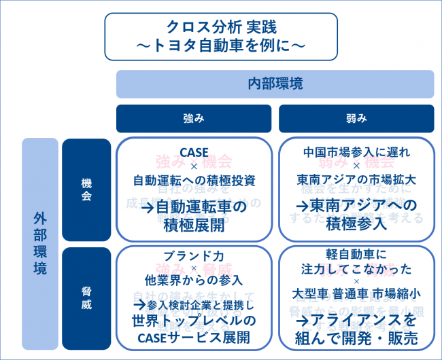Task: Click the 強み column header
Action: (x=194, y=118)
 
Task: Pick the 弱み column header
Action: (x=356, y=118)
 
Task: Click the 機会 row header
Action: (x=86, y=191)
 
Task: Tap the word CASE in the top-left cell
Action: (x=194, y=153)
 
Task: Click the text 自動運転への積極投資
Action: (x=194, y=181)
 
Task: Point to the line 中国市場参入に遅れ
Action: (x=356, y=153)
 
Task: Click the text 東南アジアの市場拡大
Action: (x=356, y=181)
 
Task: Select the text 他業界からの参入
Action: (x=194, y=281)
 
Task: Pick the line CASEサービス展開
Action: (x=194, y=337)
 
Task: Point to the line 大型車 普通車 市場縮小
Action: (x=356, y=297)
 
